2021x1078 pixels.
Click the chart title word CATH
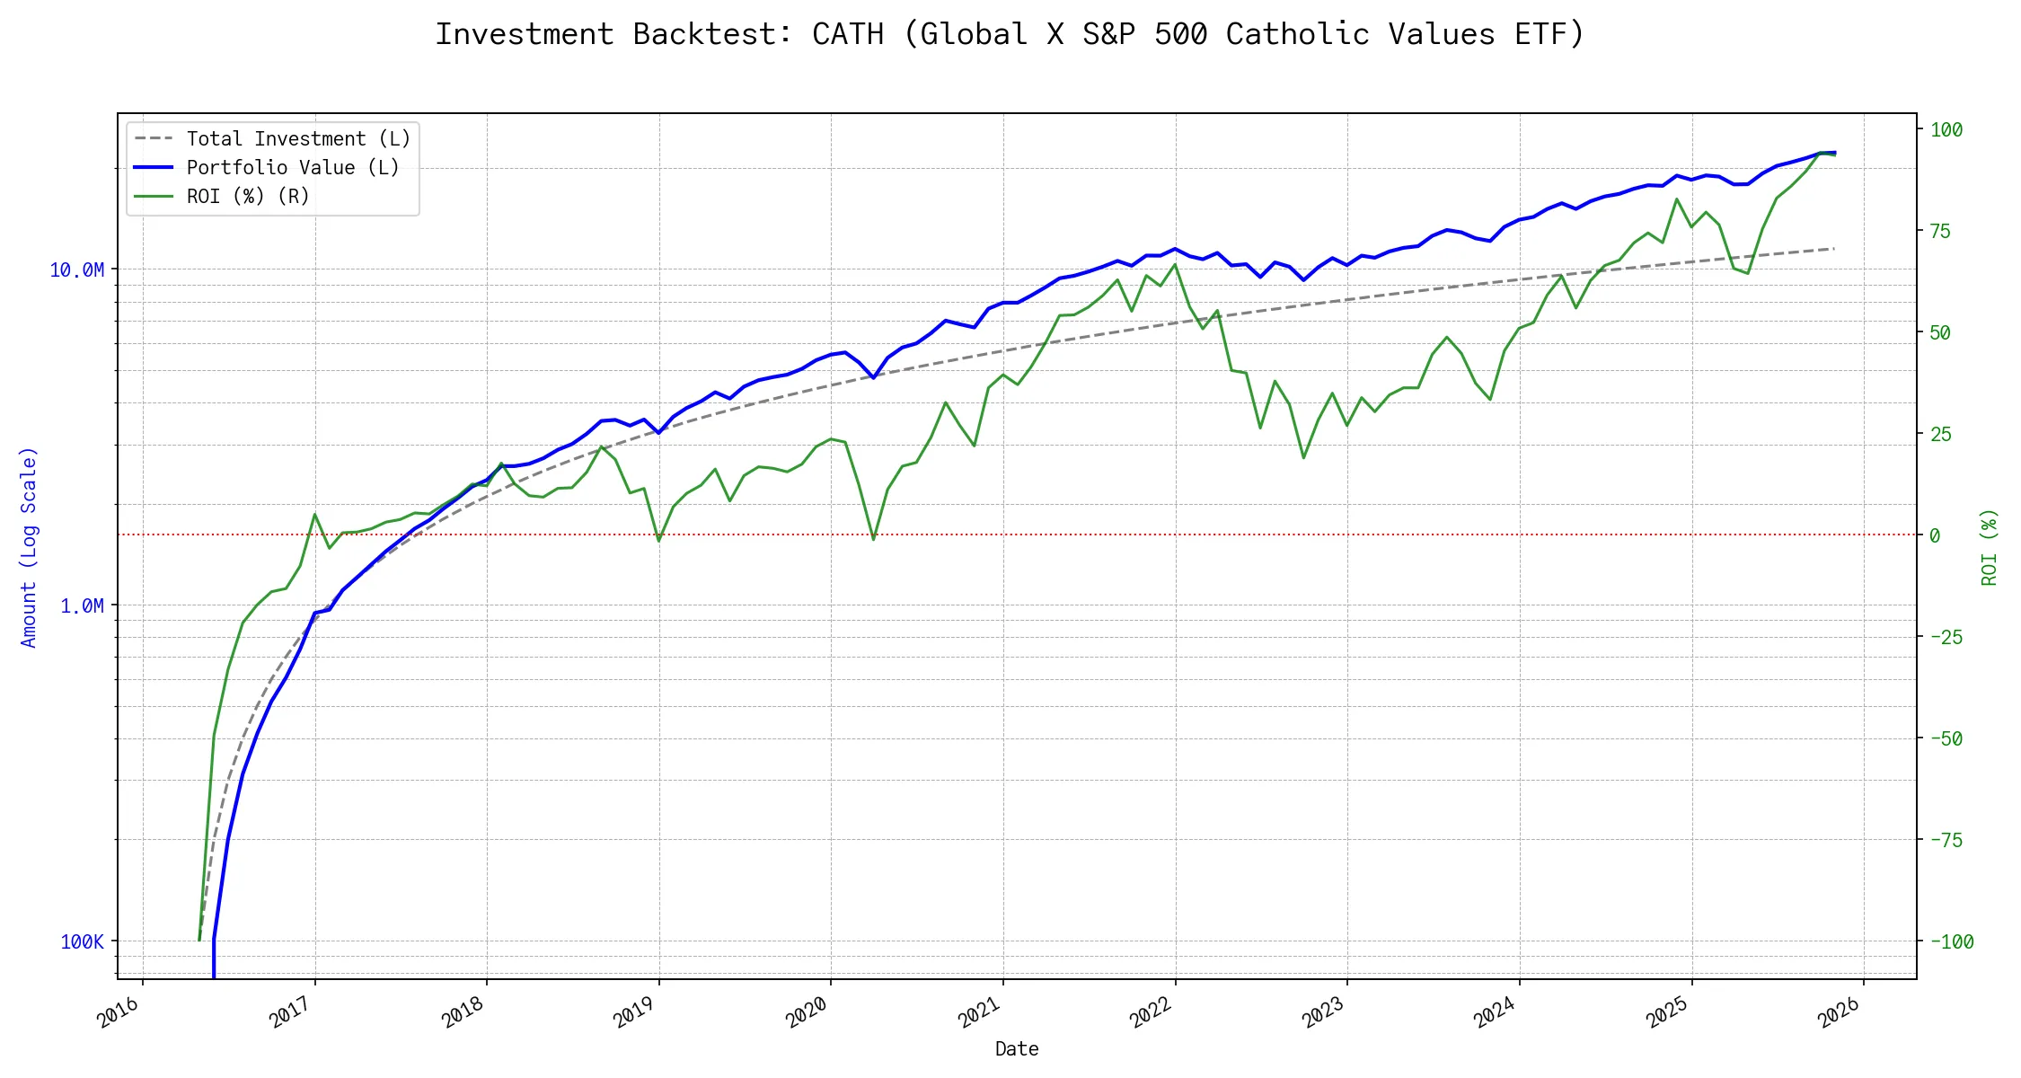[x=847, y=34]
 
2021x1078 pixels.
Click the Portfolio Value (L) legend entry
[x=293, y=168]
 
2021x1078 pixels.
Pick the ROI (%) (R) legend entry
[x=248, y=197]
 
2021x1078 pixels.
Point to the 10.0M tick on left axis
[x=77, y=270]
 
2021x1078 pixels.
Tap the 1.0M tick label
[x=82, y=606]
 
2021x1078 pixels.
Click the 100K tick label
[x=82, y=942]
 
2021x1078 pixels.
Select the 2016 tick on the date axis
[x=119, y=1012]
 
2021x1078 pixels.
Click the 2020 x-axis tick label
[x=808, y=1012]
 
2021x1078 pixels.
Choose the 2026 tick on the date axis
[x=1840, y=1012]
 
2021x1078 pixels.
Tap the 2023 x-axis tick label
[x=1324, y=1012]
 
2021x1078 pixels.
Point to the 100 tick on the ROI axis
[x=1946, y=130]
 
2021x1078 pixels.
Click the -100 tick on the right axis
[x=1952, y=942]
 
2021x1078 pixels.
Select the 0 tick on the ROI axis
[x=1935, y=536]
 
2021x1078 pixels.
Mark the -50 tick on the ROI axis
[x=1946, y=739]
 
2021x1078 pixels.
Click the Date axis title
[x=1017, y=1049]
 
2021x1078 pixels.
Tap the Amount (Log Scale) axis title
[x=29, y=547]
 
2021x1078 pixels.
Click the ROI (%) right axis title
[x=1990, y=547]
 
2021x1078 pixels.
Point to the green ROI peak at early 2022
[x=1175, y=264]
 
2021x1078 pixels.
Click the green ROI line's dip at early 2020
[x=873, y=539]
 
